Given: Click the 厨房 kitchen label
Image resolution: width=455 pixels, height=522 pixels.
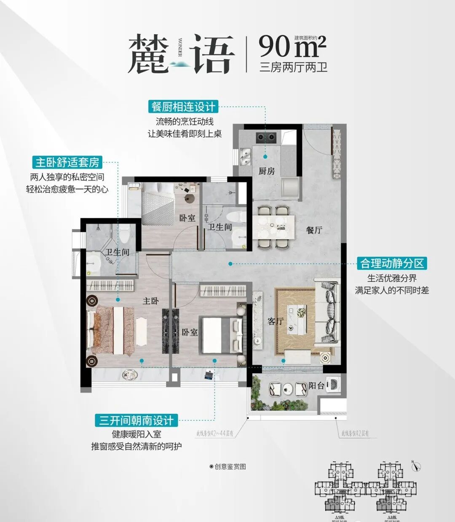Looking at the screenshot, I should click(x=267, y=171).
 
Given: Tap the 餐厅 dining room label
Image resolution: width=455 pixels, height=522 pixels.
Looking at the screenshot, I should click(x=314, y=230).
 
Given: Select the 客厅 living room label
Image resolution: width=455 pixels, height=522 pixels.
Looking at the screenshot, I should click(x=276, y=321).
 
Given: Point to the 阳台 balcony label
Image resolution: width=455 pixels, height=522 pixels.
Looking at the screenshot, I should click(x=316, y=385).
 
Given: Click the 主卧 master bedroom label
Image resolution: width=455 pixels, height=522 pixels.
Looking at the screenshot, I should click(x=150, y=301).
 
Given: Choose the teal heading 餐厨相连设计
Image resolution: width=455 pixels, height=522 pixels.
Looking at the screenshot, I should click(x=184, y=107).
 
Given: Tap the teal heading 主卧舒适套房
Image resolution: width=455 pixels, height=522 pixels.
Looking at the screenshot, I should click(x=67, y=162).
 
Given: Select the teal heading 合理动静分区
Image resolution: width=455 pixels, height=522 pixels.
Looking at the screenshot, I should click(x=391, y=263).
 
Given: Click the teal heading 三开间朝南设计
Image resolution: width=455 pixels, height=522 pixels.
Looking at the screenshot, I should click(x=136, y=420).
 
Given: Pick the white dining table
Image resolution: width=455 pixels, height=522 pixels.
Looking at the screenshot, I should click(x=273, y=227).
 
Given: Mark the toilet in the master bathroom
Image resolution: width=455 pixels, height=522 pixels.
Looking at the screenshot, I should click(x=125, y=233).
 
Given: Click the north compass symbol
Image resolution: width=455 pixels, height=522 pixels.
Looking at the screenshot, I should click(x=416, y=466).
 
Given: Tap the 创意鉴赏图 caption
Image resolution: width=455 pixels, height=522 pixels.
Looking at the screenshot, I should click(x=228, y=467).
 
